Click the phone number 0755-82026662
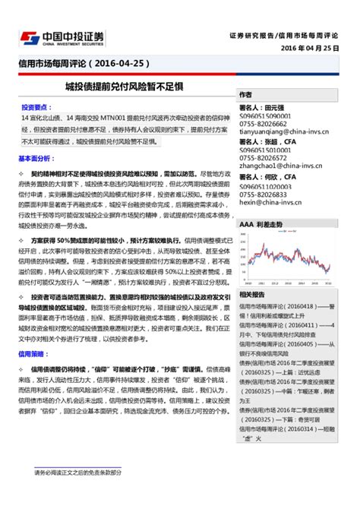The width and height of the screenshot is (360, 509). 265,122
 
